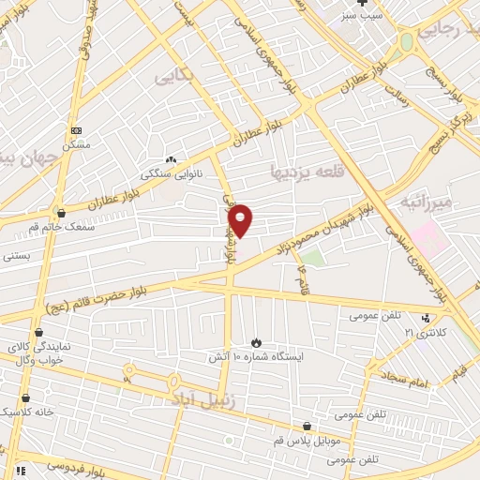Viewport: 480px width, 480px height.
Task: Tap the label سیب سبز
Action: click(361, 16)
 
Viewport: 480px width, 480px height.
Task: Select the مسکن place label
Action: click(76, 144)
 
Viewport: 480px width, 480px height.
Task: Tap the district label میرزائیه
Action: click(426, 202)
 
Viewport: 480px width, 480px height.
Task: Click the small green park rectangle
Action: click(312, 255)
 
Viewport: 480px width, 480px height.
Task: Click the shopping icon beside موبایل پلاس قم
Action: click(307, 427)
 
